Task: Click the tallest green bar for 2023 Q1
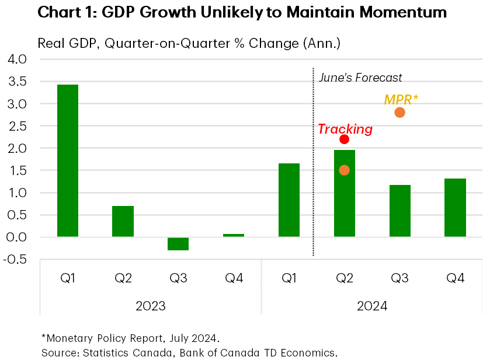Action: (x=67, y=160)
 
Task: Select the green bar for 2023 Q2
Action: (x=123, y=221)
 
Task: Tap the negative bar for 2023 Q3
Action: (x=178, y=243)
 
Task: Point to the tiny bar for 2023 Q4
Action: (x=234, y=235)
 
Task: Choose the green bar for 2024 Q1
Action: (x=289, y=200)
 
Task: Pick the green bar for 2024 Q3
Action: (x=399, y=211)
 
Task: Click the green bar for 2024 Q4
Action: (x=455, y=207)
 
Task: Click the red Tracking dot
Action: (x=344, y=139)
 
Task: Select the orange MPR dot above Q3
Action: (x=399, y=112)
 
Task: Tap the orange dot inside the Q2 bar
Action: (x=344, y=170)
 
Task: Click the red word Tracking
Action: (x=345, y=129)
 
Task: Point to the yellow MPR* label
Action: (x=401, y=99)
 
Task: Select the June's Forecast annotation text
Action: (x=360, y=78)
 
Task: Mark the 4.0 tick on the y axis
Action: (x=18, y=60)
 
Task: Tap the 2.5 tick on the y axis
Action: (x=18, y=126)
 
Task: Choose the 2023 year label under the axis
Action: (x=150, y=306)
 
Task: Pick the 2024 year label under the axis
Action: (x=372, y=306)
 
